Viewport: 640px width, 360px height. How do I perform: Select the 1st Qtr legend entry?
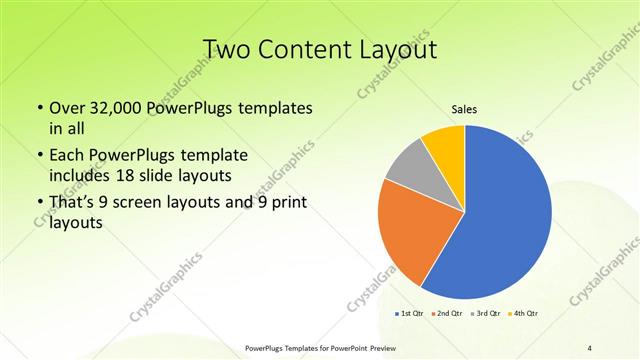click(410, 313)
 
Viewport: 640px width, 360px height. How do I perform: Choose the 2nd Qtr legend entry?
click(445, 313)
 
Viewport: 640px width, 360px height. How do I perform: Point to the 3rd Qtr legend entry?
click(486, 313)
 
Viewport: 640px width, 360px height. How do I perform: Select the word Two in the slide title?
click(226, 49)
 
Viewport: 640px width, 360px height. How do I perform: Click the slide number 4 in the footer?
click(590, 347)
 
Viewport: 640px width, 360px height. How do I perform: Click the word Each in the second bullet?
click(68, 157)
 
